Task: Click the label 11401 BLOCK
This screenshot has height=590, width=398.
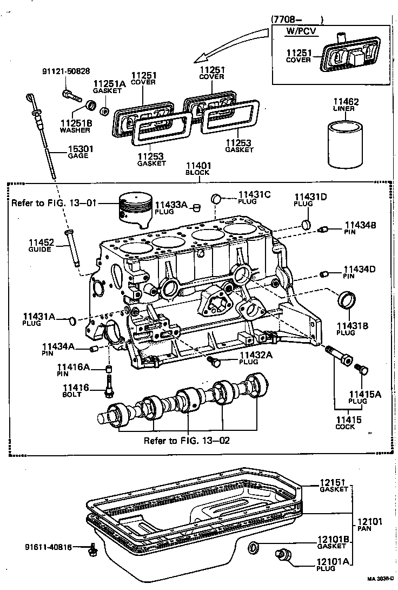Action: [198, 168]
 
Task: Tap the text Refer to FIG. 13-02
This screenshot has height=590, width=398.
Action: [187, 440]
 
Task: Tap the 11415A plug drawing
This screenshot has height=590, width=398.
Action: [361, 370]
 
